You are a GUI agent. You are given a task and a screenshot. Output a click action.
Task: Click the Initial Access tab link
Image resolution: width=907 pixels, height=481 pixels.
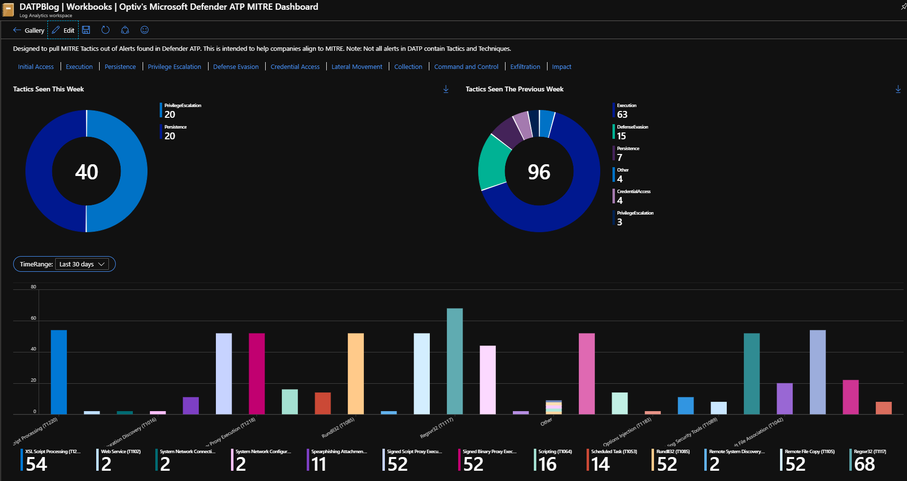[36, 67]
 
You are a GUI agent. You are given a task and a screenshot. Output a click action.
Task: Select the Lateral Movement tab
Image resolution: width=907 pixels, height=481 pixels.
[357, 67]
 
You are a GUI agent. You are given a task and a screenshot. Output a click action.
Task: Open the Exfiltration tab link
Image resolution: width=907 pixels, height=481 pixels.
[525, 67]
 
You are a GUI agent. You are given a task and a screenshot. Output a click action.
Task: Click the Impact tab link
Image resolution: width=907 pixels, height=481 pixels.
[561, 67]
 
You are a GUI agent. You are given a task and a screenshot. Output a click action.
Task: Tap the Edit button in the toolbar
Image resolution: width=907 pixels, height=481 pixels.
[63, 30]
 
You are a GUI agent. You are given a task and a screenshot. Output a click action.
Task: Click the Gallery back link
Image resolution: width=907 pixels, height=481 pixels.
[29, 30]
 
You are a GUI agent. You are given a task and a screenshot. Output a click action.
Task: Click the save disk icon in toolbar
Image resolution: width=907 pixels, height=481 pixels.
[86, 30]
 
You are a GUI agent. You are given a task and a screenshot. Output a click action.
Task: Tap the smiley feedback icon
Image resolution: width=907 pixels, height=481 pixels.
[145, 30]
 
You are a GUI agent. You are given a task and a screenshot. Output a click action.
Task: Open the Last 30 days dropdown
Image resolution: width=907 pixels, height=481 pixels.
[82, 264]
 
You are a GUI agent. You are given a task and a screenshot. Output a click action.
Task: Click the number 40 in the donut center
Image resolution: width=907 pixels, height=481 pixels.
[86, 172]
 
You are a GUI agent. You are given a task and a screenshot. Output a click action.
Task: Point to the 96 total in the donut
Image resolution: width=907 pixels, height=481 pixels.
[539, 172]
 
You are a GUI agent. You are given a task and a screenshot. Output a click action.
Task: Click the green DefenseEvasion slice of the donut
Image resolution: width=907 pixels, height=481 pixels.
[493, 161]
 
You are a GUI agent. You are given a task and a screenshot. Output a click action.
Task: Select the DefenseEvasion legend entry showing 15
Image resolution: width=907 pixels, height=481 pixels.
[632, 131]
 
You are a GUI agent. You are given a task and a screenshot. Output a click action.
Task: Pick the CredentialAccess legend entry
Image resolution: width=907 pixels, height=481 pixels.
[633, 196]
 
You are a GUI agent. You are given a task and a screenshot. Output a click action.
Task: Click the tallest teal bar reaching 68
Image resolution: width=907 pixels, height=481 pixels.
[455, 361]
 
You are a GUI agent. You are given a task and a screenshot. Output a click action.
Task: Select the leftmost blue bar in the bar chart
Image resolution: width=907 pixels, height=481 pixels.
[59, 372]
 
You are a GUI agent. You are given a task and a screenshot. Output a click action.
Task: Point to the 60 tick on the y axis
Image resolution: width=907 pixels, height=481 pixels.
[33, 318]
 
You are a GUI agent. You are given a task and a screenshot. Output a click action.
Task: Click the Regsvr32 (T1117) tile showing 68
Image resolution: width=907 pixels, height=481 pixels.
[869, 460]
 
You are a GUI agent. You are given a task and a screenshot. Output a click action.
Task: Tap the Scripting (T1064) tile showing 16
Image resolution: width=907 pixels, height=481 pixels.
[554, 460]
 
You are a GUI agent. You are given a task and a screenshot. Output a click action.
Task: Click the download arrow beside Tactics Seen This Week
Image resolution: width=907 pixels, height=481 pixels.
[446, 89]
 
